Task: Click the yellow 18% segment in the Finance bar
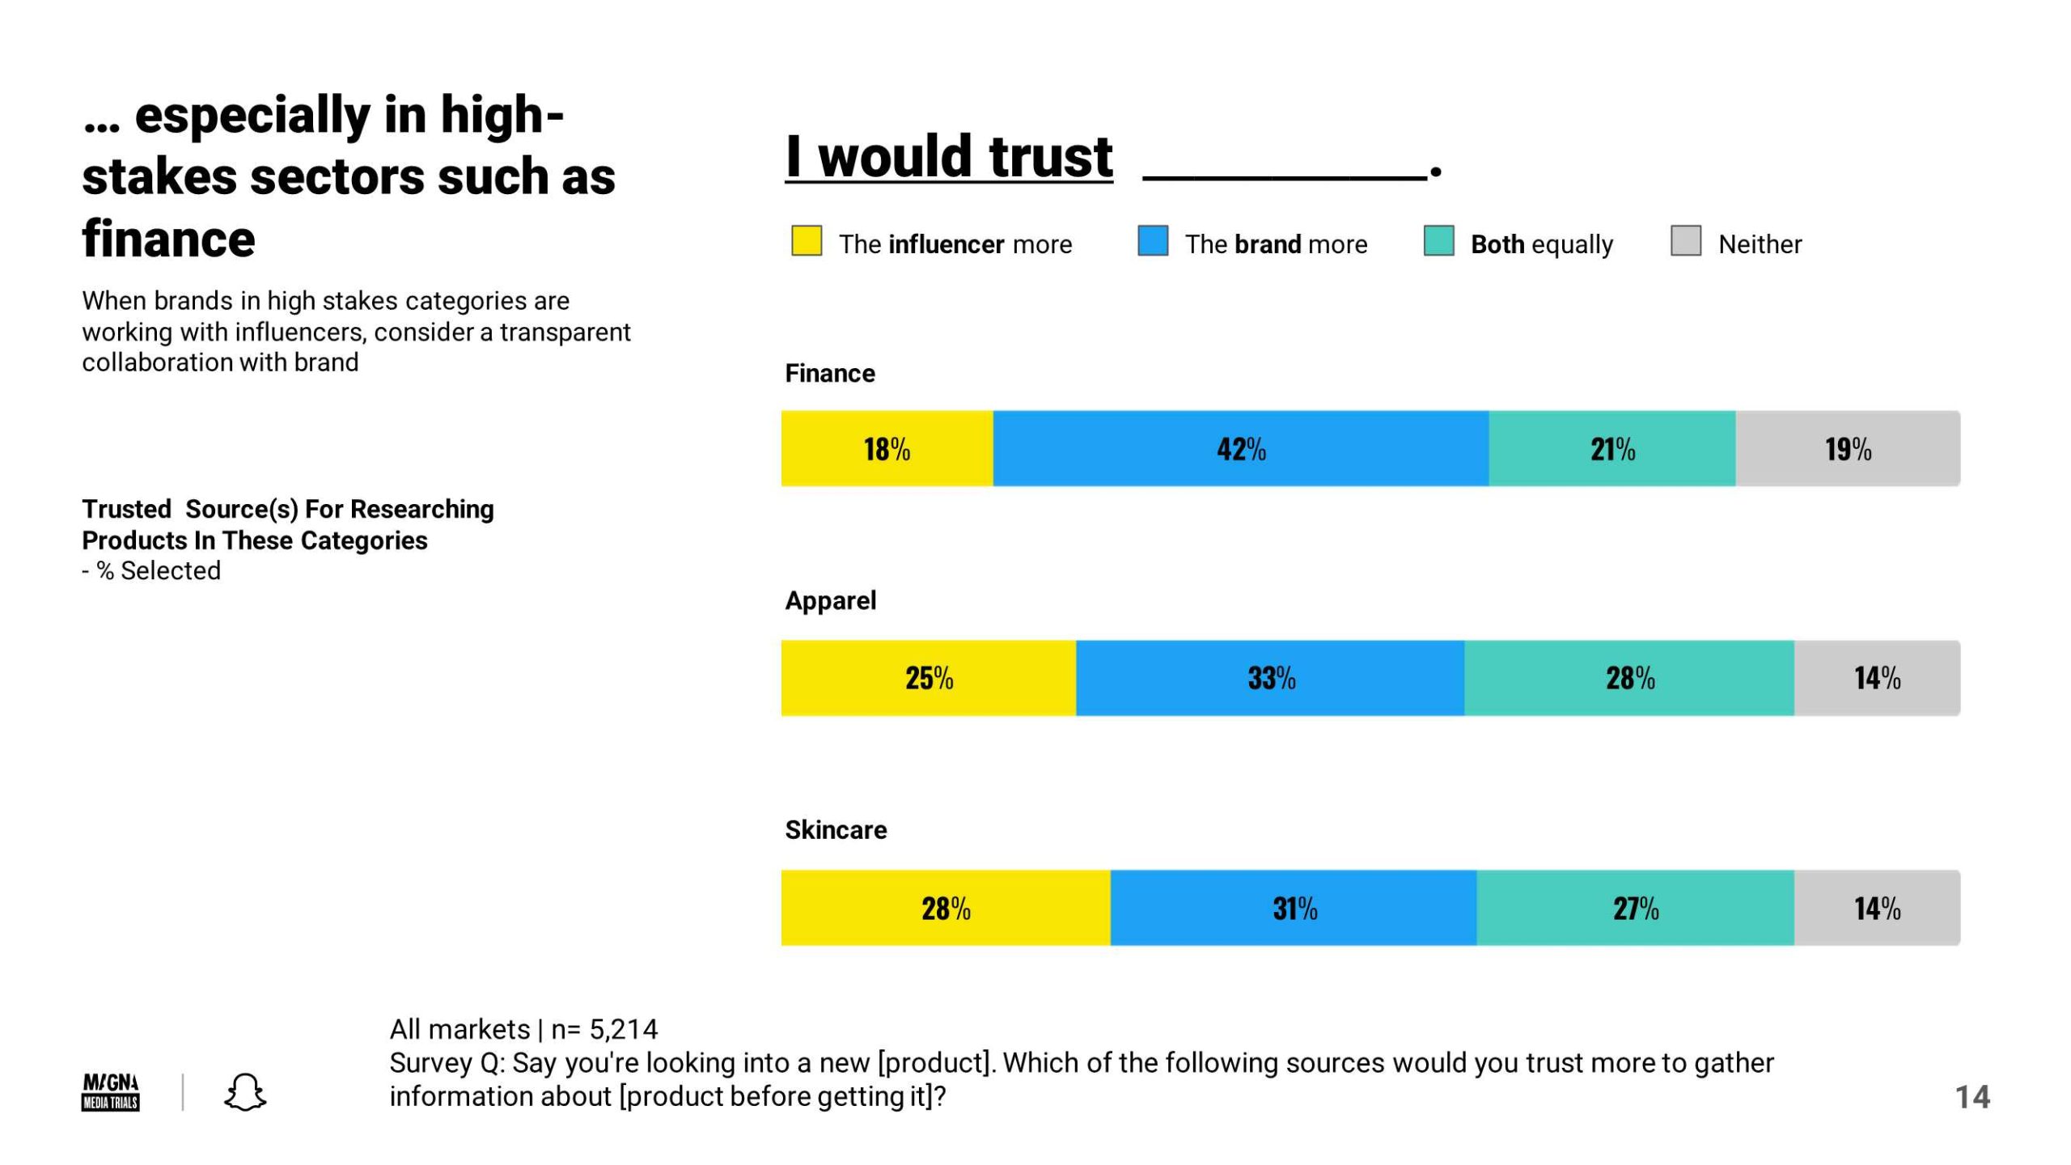tap(887, 448)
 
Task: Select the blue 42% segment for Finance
tap(1240, 448)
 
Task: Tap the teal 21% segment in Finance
tap(1611, 448)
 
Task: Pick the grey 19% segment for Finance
tap(1847, 448)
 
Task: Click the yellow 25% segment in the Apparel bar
tap(928, 678)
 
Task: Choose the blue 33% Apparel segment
tap(1269, 678)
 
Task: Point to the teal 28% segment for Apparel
tap(1628, 678)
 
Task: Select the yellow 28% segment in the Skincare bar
tap(945, 908)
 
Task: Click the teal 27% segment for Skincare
tap(1635, 908)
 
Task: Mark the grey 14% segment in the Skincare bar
tap(1877, 908)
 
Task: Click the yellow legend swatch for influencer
tap(806, 241)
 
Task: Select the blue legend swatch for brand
tap(1153, 241)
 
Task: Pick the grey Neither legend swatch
tap(1686, 241)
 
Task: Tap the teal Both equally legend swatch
tap(1438, 241)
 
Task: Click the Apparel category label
tap(830, 600)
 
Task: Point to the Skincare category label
tap(836, 830)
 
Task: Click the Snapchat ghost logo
tap(244, 1092)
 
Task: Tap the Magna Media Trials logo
tap(111, 1092)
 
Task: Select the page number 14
tap(1972, 1097)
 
